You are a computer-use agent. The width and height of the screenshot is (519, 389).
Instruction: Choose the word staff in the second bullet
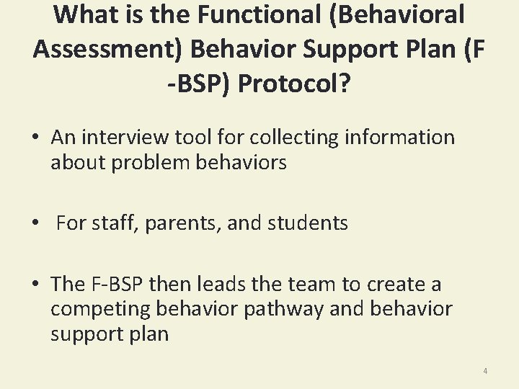pyautogui.click(x=114, y=223)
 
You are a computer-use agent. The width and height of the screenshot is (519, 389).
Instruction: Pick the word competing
pyautogui.click(x=102, y=310)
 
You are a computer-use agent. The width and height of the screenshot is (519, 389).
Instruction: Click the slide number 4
pyautogui.click(x=485, y=371)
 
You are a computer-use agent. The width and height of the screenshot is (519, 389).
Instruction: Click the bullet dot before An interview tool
pyautogui.click(x=34, y=138)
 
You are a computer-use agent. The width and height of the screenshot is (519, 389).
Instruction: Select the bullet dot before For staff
pyautogui.click(x=34, y=224)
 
